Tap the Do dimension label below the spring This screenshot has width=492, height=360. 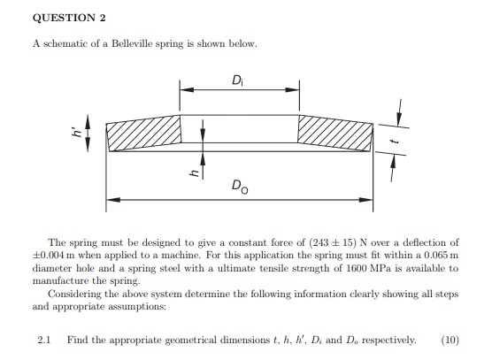click(x=239, y=186)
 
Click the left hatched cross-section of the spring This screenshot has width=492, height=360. click(x=144, y=134)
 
